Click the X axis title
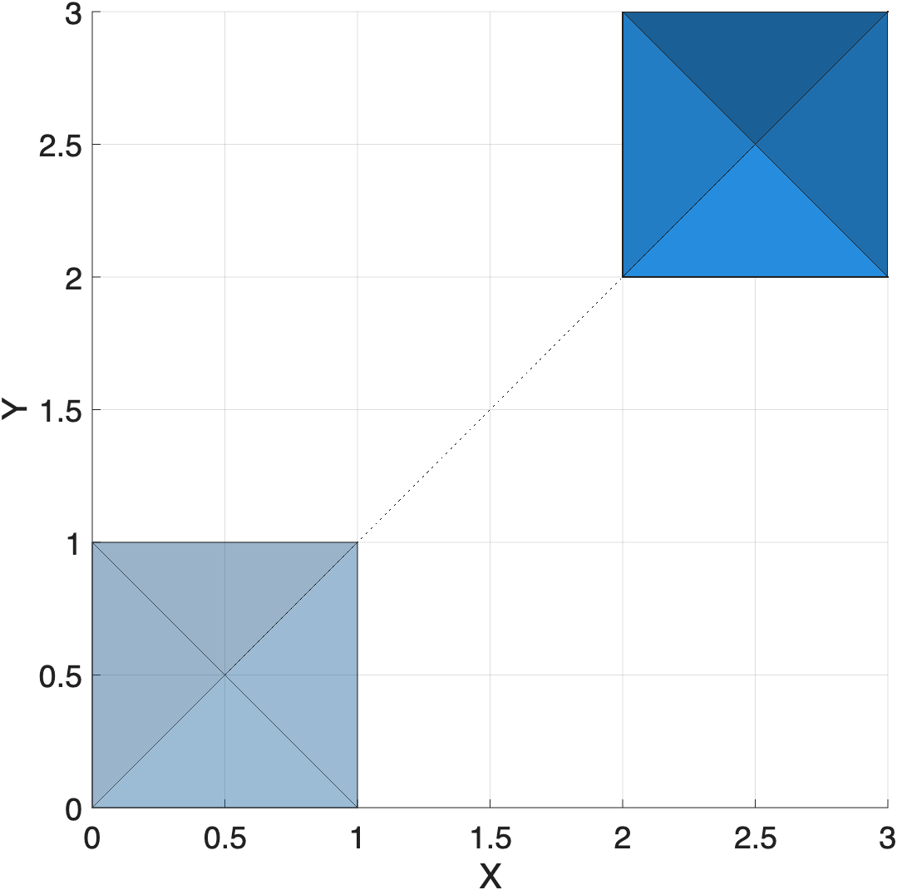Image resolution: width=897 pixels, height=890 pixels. (x=490, y=875)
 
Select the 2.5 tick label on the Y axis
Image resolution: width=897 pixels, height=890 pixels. (x=60, y=145)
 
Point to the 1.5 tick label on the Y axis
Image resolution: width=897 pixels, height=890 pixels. (x=60, y=409)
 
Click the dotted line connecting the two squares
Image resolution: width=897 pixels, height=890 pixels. (x=490, y=409)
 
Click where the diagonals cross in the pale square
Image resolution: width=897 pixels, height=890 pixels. (x=224, y=675)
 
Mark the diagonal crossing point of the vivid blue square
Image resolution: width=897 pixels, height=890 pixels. (x=755, y=145)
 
